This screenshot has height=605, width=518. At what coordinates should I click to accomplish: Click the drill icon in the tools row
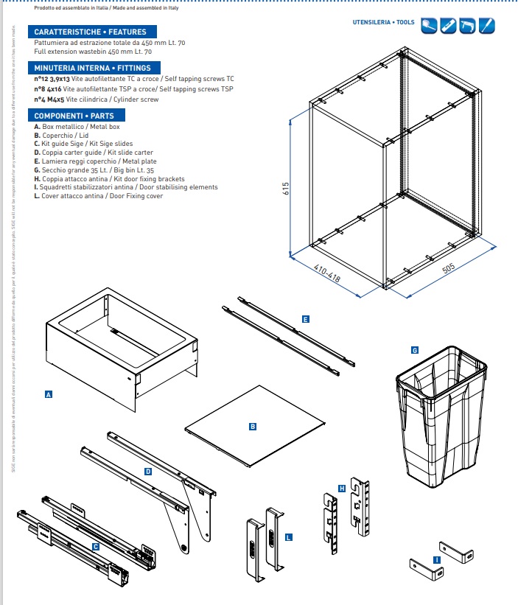(467, 27)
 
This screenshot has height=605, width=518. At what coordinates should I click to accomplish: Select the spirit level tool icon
(448, 27)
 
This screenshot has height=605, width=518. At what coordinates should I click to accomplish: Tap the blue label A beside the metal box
(49, 395)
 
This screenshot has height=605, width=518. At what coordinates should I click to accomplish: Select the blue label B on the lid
(252, 426)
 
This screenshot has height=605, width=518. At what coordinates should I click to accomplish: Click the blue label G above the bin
(415, 350)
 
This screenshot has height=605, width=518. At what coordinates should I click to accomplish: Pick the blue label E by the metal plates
(305, 319)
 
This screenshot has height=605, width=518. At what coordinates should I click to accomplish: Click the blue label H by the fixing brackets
(342, 488)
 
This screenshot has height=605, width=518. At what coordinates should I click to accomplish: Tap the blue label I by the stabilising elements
(437, 560)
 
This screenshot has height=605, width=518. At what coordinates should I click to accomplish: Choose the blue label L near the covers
(288, 537)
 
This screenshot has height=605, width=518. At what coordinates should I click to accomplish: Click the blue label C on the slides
(95, 547)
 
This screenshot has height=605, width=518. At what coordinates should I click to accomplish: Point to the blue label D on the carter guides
(148, 470)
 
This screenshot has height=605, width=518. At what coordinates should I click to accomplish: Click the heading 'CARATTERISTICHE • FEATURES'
(91, 32)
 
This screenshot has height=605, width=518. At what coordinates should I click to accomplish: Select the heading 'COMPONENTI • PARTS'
(75, 116)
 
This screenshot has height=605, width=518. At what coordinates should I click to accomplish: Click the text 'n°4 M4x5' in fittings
(48, 99)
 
